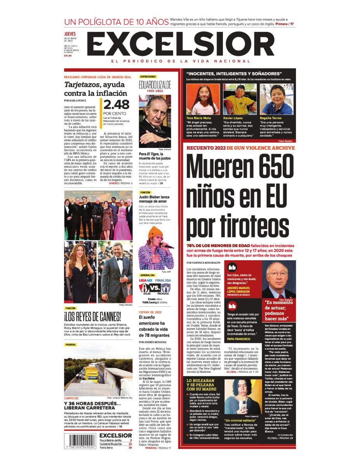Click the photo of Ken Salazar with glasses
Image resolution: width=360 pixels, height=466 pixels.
pos(278,279)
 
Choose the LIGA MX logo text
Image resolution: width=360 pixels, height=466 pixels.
pos(146,280)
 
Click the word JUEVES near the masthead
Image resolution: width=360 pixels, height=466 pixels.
pos(70,34)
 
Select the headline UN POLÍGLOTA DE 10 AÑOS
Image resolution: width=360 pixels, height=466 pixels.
pos(116,22)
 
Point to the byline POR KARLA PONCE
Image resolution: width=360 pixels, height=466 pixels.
pos(76,100)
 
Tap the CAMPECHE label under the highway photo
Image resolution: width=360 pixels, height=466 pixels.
pos(72,398)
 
